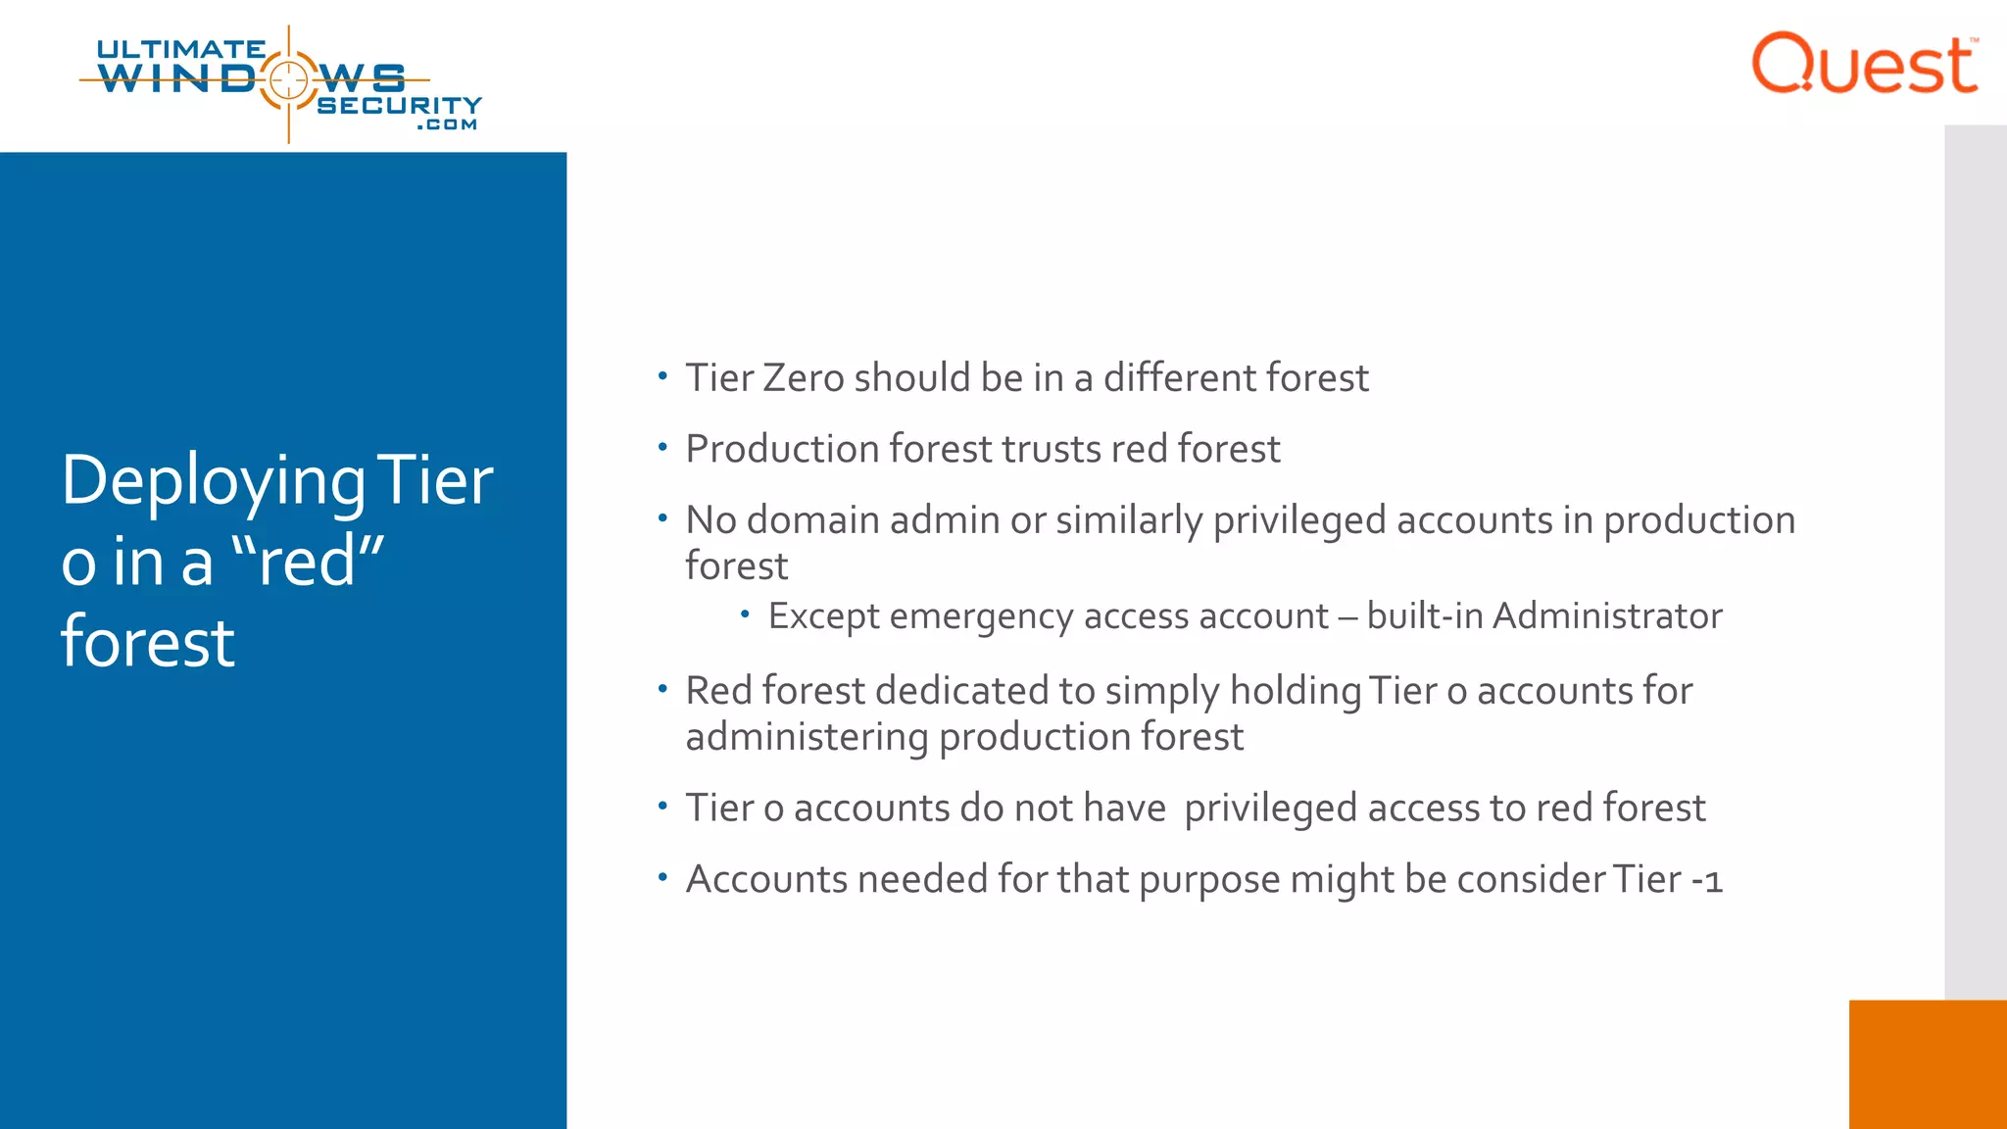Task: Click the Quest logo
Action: pyautogui.click(x=1864, y=64)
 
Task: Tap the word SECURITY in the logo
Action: pyautogui.click(x=400, y=105)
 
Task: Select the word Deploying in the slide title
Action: pyautogui.click(x=213, y=482)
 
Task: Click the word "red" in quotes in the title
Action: pyautogui.click(x=308, y=563)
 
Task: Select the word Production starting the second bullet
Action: pyautogui.click(x=782, y=450)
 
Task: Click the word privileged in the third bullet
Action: pyautogui.click(x=1298, y=521)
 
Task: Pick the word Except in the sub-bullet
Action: pyautogui.click(x=823, y=616)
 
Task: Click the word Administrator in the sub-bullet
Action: pyautogui.click(x=1607, y=616)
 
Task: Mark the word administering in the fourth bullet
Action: pyautogui.click(x=807, y=738)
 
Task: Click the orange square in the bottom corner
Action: pyautogui.click(x=1928, y=1064)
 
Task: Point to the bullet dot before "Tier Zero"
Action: pyautogui.click(x=662, y=375)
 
